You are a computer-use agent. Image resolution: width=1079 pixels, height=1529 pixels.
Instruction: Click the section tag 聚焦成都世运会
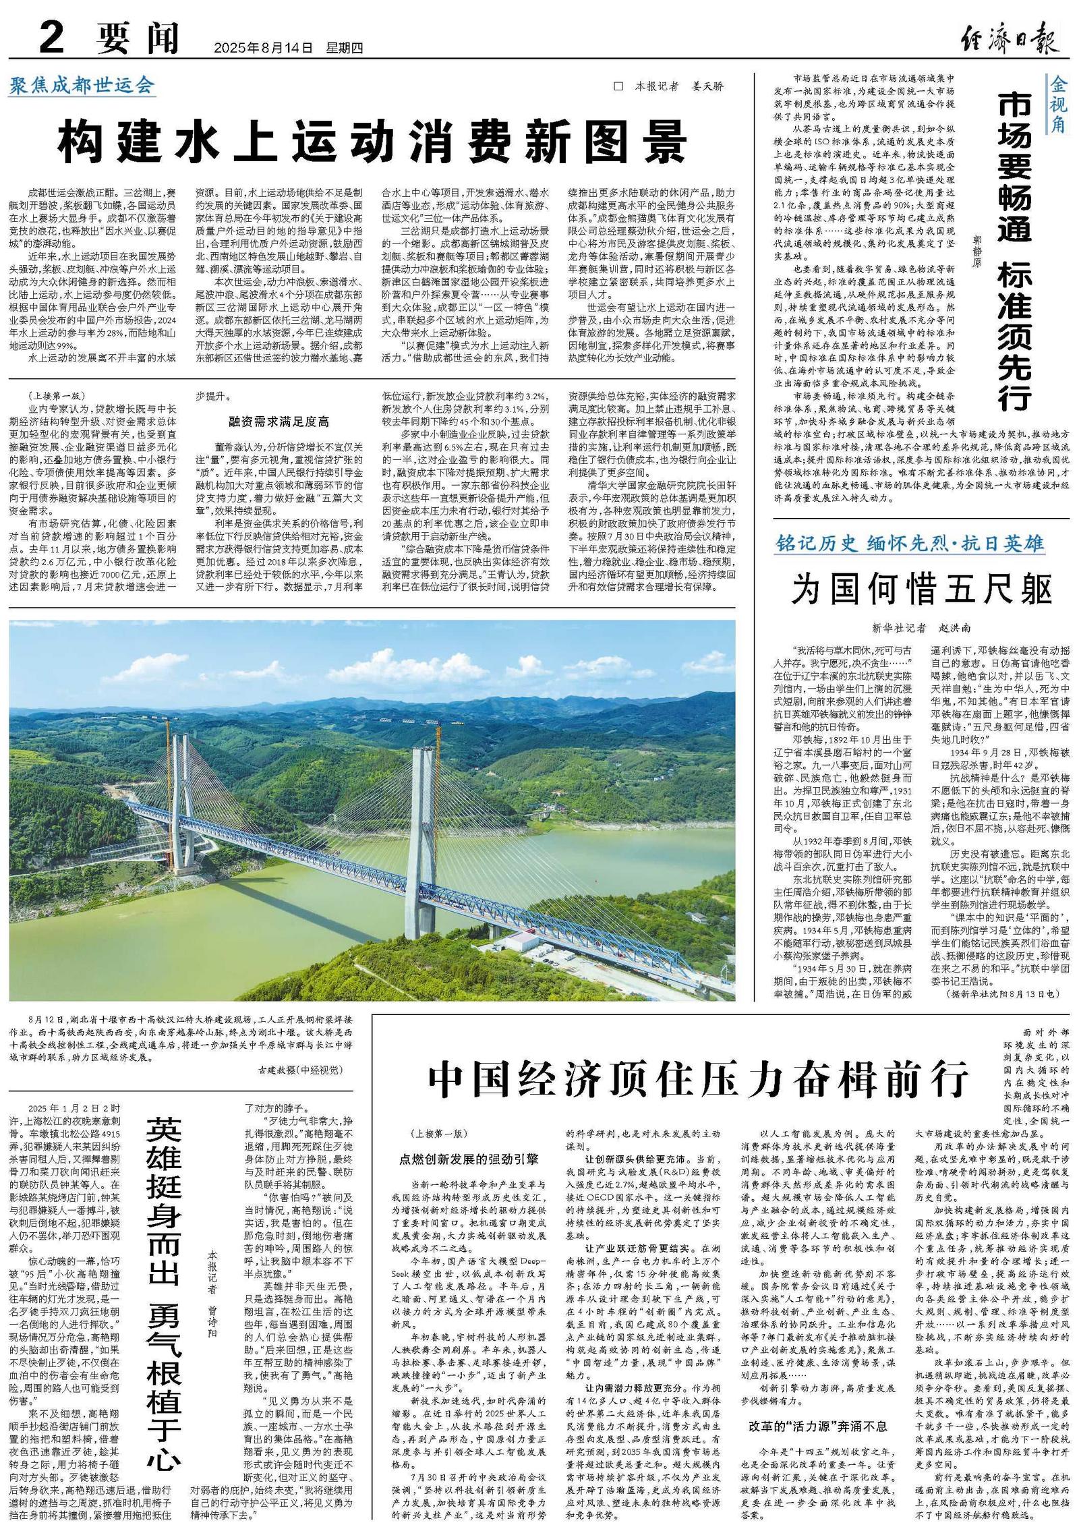(x=82, y=86)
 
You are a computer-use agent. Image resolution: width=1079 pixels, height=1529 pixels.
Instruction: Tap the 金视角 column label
(x=1057, y=105)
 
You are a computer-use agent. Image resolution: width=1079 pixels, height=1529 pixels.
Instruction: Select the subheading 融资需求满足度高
(x=279, y=422)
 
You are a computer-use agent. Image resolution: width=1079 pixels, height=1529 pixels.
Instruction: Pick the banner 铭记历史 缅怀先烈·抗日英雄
(x=911, y=544)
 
